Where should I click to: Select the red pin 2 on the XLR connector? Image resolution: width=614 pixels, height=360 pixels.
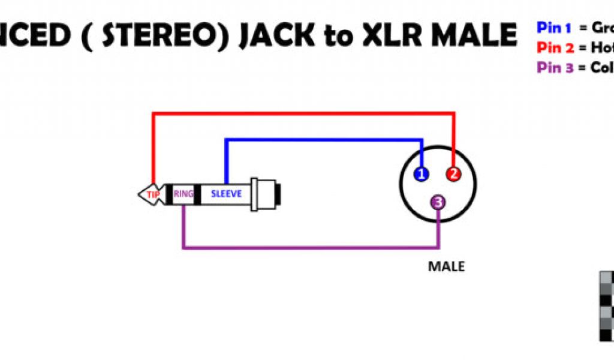click(454, 174)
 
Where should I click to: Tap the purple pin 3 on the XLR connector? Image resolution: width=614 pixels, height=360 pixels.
click(438, 203)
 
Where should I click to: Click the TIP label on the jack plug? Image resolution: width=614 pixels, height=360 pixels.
click(153, 194)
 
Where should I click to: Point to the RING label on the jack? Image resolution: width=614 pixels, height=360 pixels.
click(183, 194)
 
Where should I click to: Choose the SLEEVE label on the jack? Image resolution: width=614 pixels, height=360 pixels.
click(226, 194)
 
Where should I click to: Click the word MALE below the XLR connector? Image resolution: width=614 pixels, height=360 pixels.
click(446, 266)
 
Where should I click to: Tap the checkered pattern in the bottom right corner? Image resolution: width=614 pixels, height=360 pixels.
click(606, 306)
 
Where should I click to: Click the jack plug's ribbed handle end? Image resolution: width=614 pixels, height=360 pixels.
click(267, 194)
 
